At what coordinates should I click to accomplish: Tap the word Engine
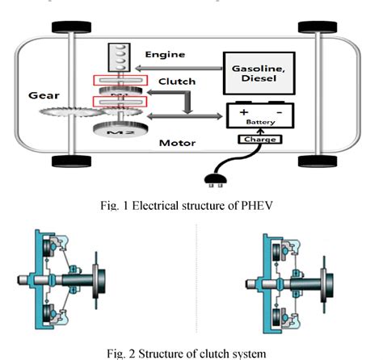[x=166, y=55]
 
